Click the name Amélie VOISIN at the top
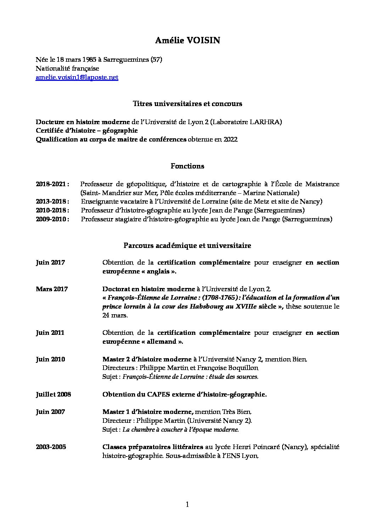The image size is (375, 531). (x=187, y=41)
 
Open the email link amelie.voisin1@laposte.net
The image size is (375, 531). (x=77, y=77)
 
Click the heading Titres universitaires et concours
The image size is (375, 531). (x=187, y=104)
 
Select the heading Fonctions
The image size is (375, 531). (x=187, y=166)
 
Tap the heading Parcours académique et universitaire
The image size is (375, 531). (x=187, y=245)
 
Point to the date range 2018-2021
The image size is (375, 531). (x=52, y=184)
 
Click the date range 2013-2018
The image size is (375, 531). (x=52, y=201)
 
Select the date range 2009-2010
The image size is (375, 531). (x=52, y=219)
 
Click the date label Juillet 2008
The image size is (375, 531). (x=53, y=394)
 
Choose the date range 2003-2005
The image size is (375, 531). (x=51, y=447)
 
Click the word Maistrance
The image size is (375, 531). (x=322, y=184)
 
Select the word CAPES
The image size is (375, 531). (x=149, y=394)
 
